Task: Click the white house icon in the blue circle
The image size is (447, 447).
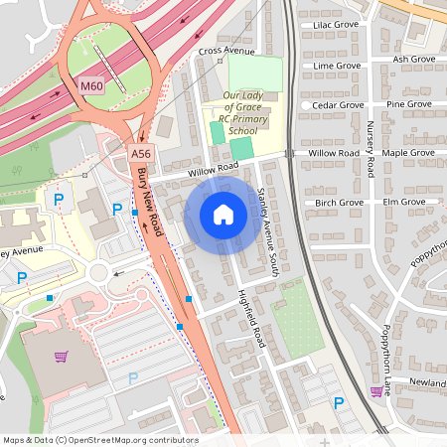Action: pyautogui.click(x=223, y=214)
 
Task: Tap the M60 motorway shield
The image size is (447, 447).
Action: pyautogui.click(x=92, y=86)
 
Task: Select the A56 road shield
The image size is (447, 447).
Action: pyautogui.click(x=140, y=154)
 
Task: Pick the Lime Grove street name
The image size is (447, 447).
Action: pyautogui.click(x=337, y=66)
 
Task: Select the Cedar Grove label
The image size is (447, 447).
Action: pyautogui.click(x=338, y=104)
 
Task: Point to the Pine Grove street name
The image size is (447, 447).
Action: pyautogui.click(x=408, y=103)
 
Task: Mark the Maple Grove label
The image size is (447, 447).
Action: pyautogui.click(x=408, y=153)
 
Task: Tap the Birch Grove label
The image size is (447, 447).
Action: pyautogui.click(x=340, y=202)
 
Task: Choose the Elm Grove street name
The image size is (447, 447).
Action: pyautogui.click(x=403, y=202)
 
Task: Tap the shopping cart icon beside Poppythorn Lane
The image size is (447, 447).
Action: pyautogui.click(x=376, y=391)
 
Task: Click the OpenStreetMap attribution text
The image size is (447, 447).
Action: pyautogui.click(x=99, y=439)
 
